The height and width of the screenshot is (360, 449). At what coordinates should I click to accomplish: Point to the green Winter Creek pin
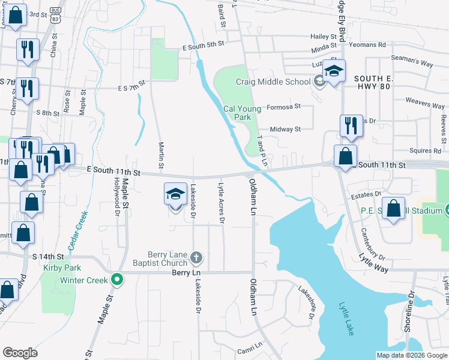coord(118,280)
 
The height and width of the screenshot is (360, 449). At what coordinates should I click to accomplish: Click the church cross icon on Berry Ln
coord(196,259)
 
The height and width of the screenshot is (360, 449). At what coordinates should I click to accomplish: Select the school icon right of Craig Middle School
coord(333,72)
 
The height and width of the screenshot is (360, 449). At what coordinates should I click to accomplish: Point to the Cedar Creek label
coord(76,235)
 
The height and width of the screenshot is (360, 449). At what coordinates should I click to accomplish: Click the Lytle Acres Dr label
coord(221,203)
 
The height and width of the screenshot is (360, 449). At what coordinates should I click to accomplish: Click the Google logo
coord(20,353)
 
